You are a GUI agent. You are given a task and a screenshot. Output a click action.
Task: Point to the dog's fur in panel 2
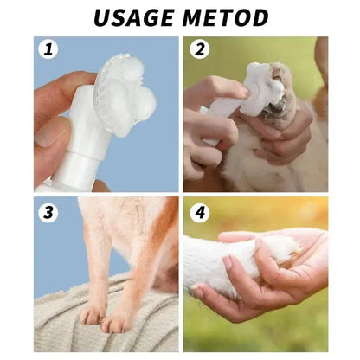[x=260, y=169]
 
